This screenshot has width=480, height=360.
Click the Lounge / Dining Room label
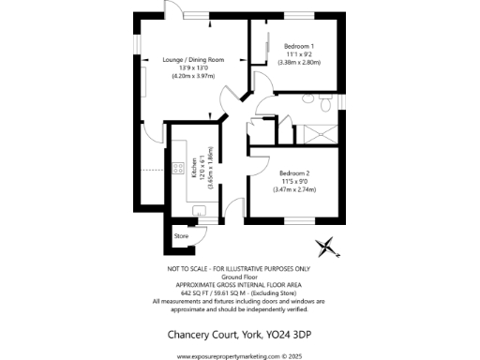[193, 59]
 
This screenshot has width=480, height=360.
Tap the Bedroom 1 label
[299, 46]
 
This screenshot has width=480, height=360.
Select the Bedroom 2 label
[294, 173]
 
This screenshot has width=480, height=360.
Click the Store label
[182, 236]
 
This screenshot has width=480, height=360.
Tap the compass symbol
[326, 248]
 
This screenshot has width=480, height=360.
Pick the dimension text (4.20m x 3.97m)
[193, 76]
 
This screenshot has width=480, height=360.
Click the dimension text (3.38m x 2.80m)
[299, 62]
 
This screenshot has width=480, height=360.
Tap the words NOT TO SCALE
[187, 269]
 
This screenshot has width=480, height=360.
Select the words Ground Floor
[239, 277]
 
